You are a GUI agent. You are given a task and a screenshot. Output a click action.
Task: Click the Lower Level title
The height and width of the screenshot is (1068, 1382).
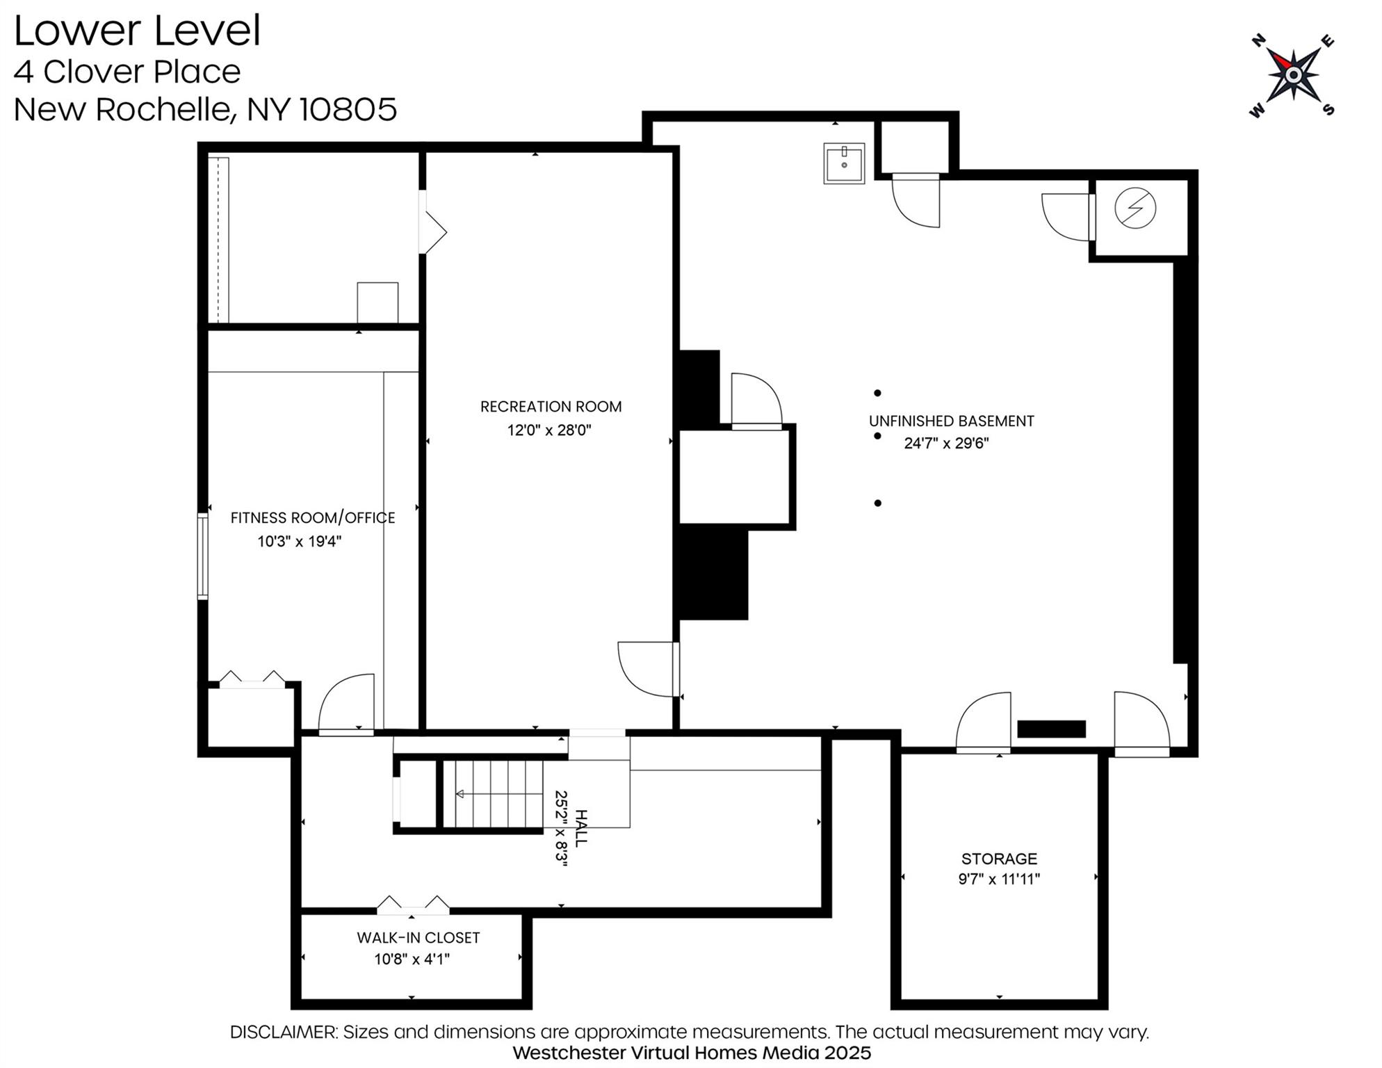point(137,31)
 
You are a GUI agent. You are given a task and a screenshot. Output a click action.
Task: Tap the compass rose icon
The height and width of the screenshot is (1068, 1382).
point(1292,74)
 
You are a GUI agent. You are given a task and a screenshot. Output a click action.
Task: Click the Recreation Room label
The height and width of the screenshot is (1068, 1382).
point(551,407)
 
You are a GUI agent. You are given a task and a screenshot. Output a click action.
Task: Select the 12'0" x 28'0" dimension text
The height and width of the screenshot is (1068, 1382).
point(548,430)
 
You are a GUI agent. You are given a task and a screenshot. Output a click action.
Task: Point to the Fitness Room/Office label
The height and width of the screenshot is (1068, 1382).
point(312,518)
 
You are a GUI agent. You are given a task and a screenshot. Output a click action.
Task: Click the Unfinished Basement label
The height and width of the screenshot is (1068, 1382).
point(951,421)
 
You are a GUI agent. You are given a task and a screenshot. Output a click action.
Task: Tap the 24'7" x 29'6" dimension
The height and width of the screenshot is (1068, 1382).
point(946,444)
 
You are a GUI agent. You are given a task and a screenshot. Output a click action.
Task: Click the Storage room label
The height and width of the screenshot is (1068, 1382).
point(999,859)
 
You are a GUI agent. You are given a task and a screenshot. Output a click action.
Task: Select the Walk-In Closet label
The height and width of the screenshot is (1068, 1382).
point(418,938)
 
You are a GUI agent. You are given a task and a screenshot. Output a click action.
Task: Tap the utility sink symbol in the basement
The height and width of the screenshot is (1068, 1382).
point(844,163)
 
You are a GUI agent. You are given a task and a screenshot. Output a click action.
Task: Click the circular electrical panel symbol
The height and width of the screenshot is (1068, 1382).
point(1135,208)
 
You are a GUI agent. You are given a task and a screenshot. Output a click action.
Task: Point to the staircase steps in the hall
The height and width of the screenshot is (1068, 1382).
point(494,794)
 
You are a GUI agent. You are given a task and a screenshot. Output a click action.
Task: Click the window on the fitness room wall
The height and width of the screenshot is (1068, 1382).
point(203,556)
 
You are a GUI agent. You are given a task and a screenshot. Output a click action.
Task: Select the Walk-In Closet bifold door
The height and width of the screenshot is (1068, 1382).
point(413,906)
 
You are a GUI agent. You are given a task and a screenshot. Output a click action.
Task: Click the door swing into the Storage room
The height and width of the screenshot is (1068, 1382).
point(983,723)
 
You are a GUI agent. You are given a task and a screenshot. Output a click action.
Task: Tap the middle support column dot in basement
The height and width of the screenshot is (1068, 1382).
point(877,436)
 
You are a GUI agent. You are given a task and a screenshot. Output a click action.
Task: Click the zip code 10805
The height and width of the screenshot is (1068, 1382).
point(348,109)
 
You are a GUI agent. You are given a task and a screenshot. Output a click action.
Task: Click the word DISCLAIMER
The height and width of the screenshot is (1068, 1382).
point(283,1032)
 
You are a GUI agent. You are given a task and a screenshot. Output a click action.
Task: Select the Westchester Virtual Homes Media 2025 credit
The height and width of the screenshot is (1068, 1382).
point(691,1053)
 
